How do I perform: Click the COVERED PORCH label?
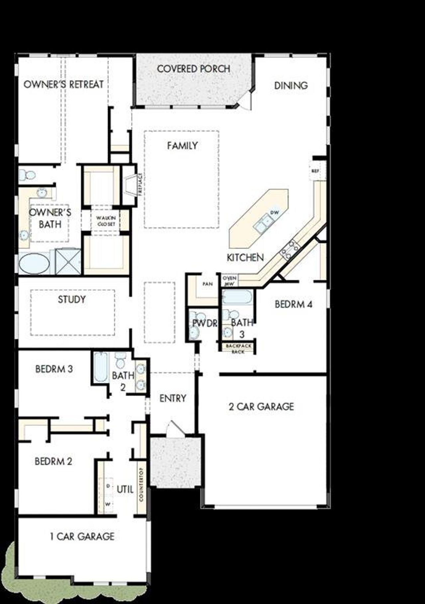(x=193, y=69)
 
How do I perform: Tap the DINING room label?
(x=291, y=85)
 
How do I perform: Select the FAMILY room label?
(x=182, y=145)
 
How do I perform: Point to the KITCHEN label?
(x=245, y=257)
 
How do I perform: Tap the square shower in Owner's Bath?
(x=68, y=262)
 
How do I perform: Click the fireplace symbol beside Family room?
(x=130, y=186)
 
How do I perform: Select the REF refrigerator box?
(x=315, y=171)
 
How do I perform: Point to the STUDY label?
(x=72, y=300)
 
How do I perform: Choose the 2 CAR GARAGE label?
(x=261, y=406)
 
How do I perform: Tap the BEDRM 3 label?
(x=54, y=369)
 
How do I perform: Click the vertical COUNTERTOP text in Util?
(x=141, y=485)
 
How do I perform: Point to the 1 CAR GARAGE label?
(x=82, y=536)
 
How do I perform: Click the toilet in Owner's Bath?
(x=28, y=174)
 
